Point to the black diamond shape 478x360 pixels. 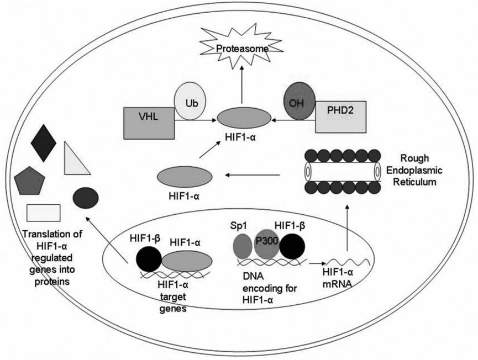point(44,142)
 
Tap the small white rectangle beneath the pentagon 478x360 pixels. point(44,212)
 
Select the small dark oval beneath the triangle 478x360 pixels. point(86,197)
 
